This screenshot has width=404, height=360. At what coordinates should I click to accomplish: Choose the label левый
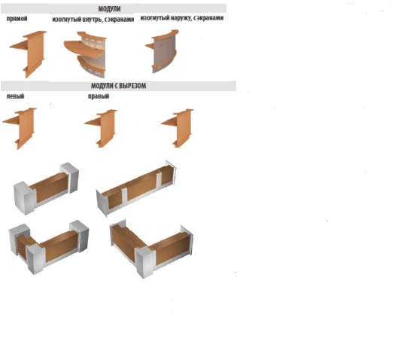point(14,96)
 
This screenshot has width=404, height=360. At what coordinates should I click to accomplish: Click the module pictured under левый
point(22,127)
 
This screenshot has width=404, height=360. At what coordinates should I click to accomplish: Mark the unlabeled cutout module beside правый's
point(178,127)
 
